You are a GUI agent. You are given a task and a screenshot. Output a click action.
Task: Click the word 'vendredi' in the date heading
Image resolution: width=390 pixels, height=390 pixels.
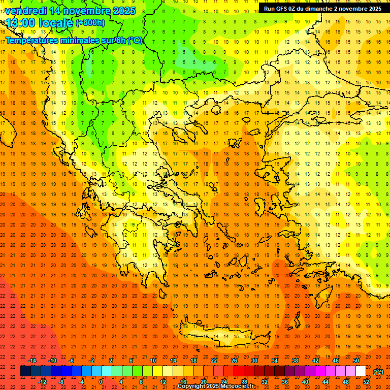click(x=25, y=10)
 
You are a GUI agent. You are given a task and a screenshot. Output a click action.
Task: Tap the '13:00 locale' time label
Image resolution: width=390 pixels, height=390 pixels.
click(x=40, y=22)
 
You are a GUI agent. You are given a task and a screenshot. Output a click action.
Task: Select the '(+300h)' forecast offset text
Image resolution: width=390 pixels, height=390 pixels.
click(x=90, y=22)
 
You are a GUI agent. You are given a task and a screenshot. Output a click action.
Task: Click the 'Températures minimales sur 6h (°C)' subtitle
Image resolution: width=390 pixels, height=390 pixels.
click(x=74, y=40)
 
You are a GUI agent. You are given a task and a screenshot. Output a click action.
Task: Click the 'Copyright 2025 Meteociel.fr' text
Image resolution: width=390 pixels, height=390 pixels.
click(x=215, y=386)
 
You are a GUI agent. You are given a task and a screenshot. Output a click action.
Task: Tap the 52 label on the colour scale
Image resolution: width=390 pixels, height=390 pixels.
click(x=366, y=382)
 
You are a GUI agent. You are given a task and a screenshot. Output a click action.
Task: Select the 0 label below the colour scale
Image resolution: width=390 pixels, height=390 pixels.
click(x=101, y=382)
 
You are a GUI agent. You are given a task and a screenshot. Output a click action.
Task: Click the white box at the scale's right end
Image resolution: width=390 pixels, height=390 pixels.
click(x=361, y=371)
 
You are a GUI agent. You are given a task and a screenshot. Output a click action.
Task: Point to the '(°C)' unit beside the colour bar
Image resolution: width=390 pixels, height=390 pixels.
click(x=378, y=372)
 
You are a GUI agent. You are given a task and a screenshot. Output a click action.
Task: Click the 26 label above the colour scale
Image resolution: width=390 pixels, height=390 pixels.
click(x=234, y=361)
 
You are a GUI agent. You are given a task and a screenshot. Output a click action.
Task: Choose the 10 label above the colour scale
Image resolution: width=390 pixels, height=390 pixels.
click(x=153, y=361)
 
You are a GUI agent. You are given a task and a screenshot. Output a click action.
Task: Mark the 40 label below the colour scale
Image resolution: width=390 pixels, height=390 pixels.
click(x=305, y=382)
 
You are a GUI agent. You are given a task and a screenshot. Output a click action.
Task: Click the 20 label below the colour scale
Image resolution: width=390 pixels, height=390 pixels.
click(x=203, y=382)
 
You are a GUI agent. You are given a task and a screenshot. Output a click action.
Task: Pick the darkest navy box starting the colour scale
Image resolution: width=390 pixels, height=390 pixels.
click(x=25, y=371)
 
